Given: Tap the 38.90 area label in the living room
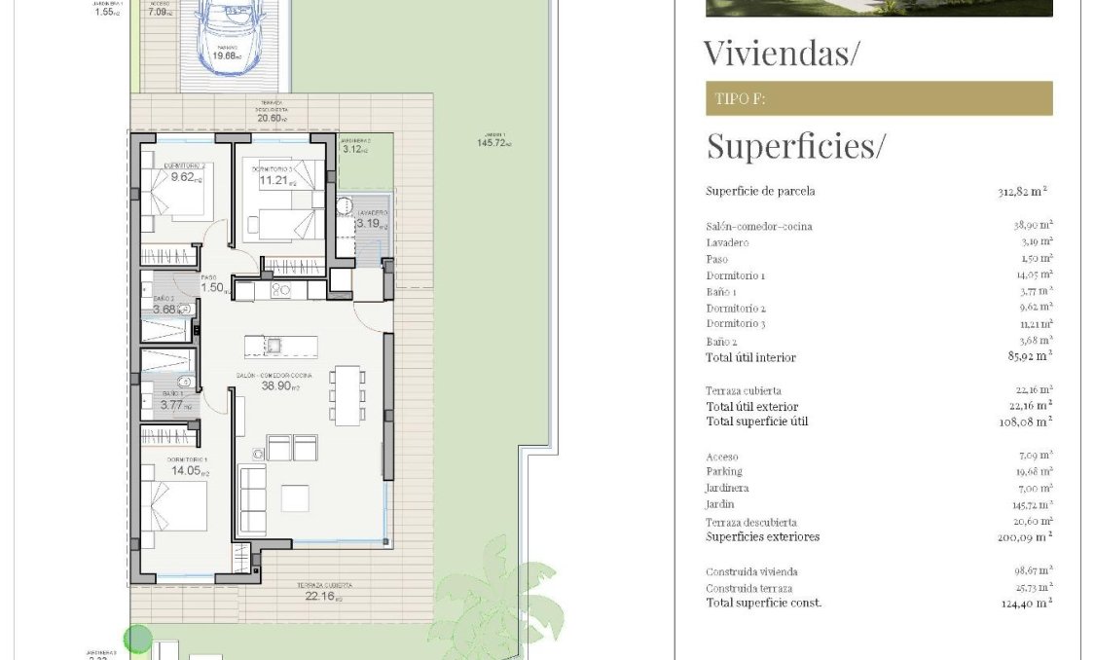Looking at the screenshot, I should pyautogui.click(x=279, y=385).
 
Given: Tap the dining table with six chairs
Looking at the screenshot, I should pyautogui.click(x=347, y=395).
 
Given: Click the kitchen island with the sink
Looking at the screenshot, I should pyautogui.click(x=280, y=347).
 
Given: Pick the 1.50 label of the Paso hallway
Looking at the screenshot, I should pyautogui.click(x=213, y=288).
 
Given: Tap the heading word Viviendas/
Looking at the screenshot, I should pyautogui.click(x=781, y=53).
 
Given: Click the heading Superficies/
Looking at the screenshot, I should pyautogui.click(x=795, y=146).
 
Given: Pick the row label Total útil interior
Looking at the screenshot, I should pyautogui.click(x=750, y=358).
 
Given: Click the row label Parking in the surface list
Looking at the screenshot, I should pyautogui.click(x=723, y=472).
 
